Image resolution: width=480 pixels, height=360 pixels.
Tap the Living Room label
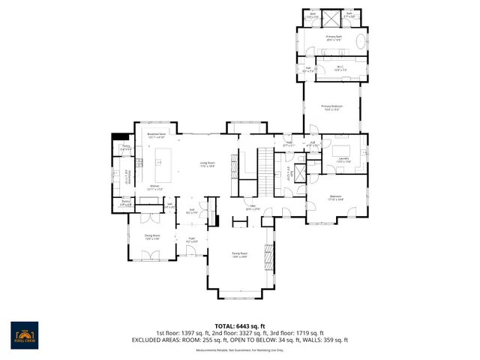coord(207,164)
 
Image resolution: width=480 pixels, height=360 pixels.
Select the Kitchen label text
coord(156,186)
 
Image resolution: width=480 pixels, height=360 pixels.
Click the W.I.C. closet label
coord(340,68)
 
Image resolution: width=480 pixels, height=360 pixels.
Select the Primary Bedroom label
coord(331,108)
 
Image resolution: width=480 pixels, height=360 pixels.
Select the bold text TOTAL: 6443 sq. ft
coord(239,325)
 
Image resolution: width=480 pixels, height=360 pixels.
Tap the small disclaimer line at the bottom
coord(239,349)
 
